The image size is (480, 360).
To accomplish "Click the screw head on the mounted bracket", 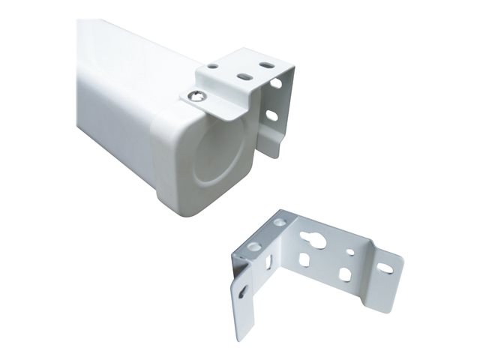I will [x=196, y=95].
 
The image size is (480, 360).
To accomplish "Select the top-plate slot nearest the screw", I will [x=244, y=76].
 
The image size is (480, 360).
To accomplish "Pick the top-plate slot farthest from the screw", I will [x=266, y=66].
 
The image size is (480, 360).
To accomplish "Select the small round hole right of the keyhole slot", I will [x=349, y=244].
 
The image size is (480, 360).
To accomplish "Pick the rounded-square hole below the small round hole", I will [x=344, y=274].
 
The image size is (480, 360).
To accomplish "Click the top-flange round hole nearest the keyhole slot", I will [x=280, y=222].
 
